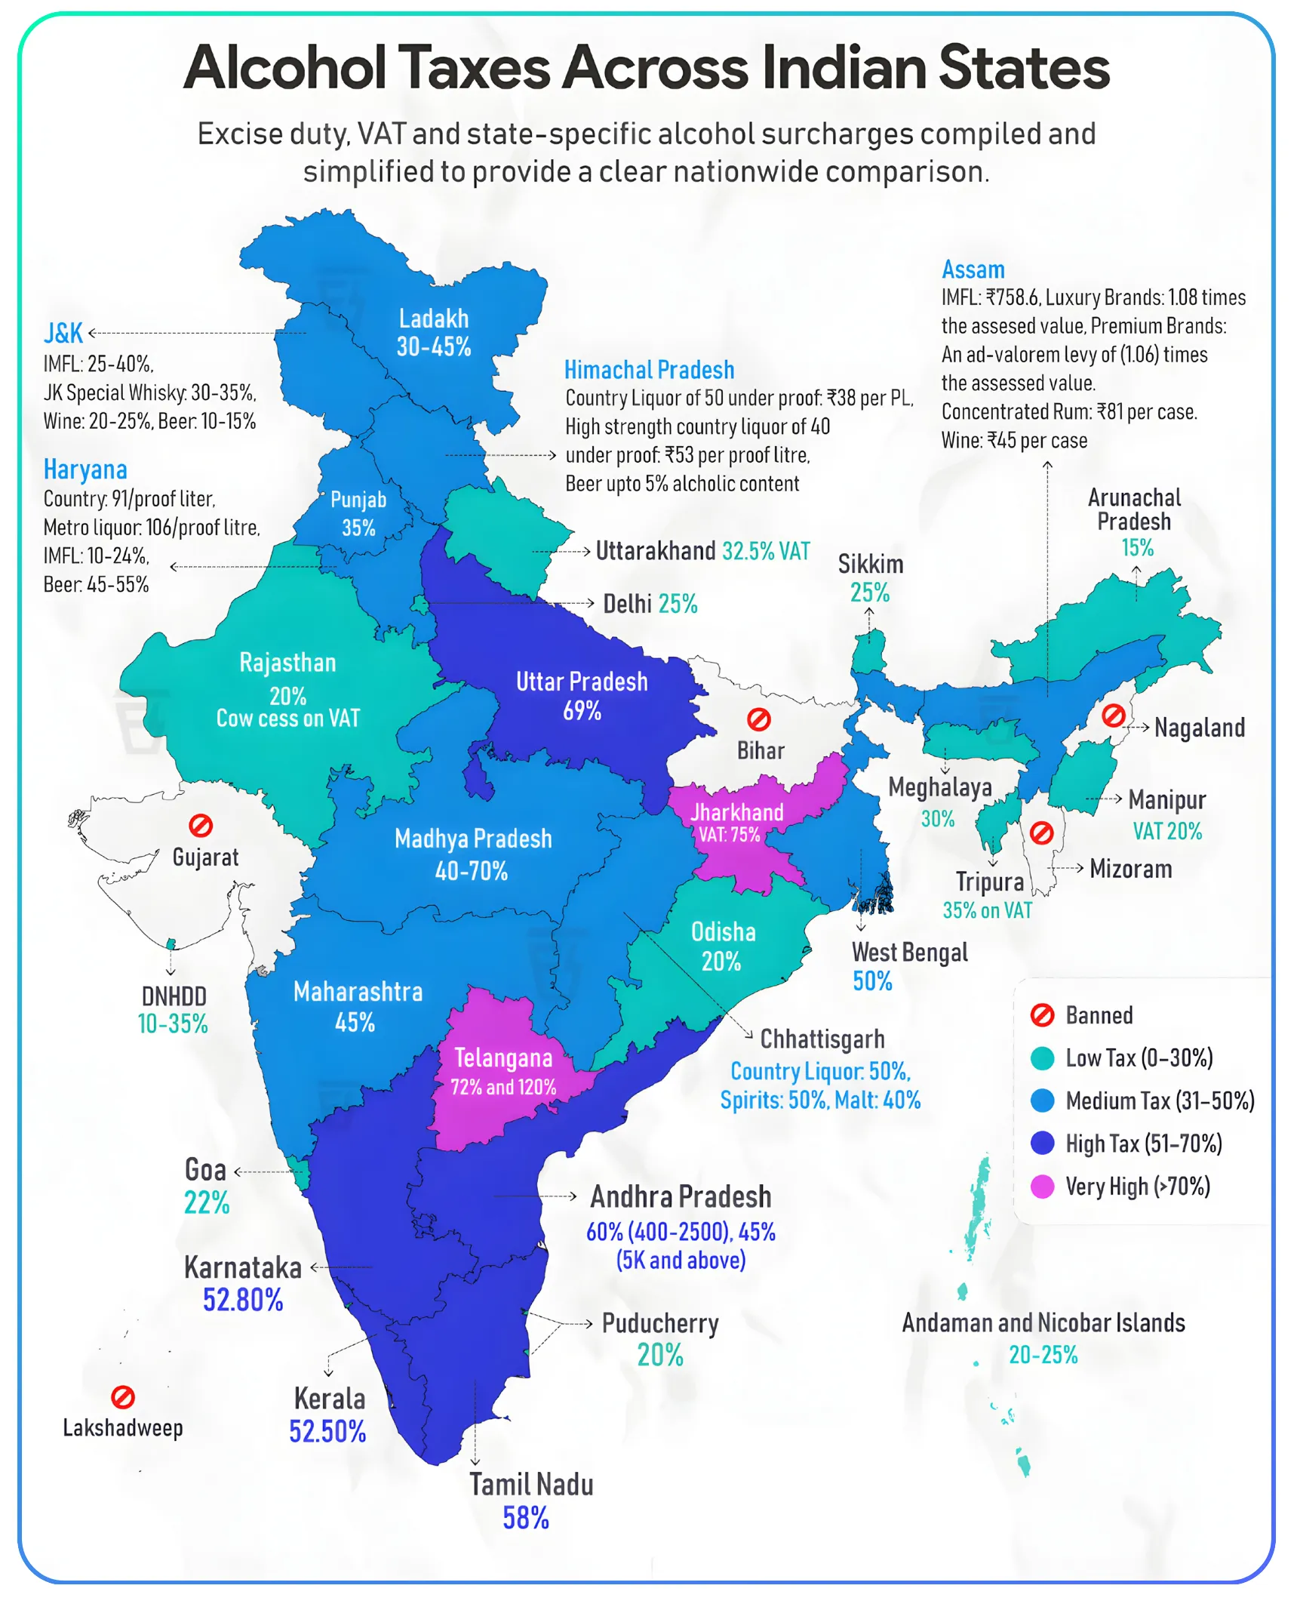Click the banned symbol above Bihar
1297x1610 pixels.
758,719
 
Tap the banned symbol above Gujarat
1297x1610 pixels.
201,825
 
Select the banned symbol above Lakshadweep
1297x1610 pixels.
123,1396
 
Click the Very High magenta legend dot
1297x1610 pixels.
1042,1186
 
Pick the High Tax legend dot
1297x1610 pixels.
1042,1143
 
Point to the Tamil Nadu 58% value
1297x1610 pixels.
526,1517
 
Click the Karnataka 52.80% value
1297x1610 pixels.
243,1300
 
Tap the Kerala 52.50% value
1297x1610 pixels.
327,1430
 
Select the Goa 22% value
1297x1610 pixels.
207,1202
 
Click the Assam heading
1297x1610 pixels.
973,269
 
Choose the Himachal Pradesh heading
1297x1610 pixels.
649,370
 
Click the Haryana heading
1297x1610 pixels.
85,469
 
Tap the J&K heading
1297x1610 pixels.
63,333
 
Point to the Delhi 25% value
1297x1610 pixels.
678,604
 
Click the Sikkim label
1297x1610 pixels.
870,564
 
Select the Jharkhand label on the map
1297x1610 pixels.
736,812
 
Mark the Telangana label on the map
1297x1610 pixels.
503,1057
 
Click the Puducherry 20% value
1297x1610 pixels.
660,1355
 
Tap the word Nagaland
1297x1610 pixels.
1199,728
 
